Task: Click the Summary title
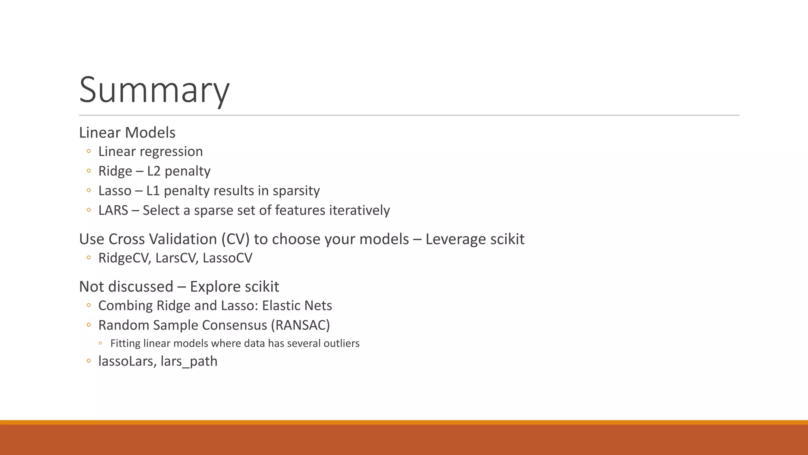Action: pos(154,90)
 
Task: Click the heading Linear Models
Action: pos(127,132)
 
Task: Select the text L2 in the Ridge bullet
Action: pos(153,171)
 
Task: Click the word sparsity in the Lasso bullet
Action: pos(296,191)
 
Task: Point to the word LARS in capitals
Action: pos(113,210)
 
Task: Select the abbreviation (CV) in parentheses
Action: pos(235,239)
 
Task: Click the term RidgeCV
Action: pos(124,258)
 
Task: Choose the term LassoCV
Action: pos(227,258)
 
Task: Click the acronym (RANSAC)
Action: pos(300,325)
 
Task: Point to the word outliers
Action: pos(341,343)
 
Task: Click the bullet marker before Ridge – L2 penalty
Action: pos(89,171)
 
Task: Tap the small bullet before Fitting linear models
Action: pos(100,343)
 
